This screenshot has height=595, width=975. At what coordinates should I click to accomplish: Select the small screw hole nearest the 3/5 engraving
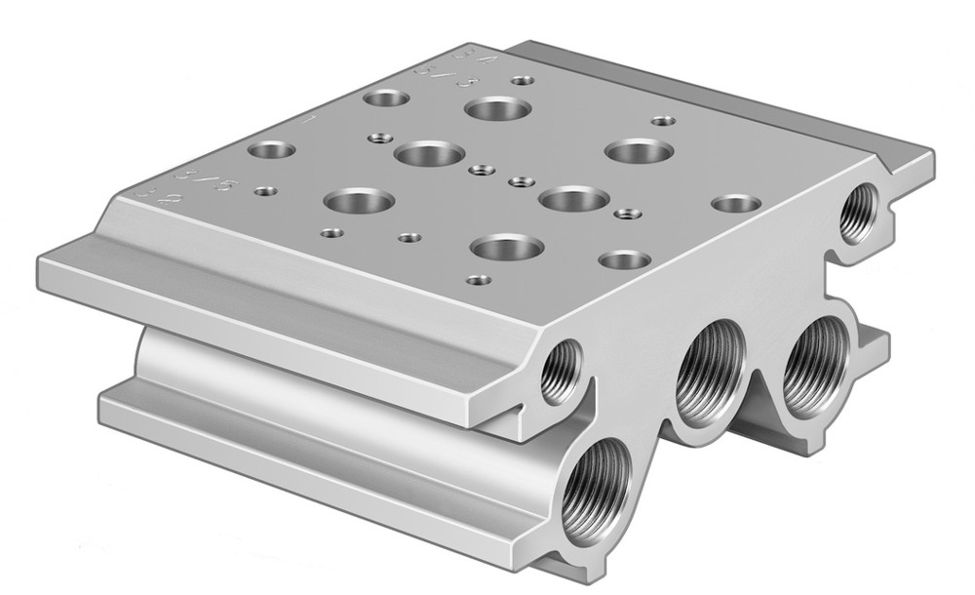[262, 191]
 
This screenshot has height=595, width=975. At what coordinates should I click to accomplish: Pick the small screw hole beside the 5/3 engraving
[523, 80]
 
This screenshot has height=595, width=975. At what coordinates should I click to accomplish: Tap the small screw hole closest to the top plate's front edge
[478, 280]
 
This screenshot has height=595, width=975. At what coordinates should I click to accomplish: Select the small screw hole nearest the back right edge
[663, 122]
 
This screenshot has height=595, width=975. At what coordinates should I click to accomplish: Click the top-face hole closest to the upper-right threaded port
[735, 204]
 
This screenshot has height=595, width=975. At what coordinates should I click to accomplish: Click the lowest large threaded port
[596, 484]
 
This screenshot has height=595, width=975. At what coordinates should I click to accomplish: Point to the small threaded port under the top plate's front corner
[563, 369]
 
